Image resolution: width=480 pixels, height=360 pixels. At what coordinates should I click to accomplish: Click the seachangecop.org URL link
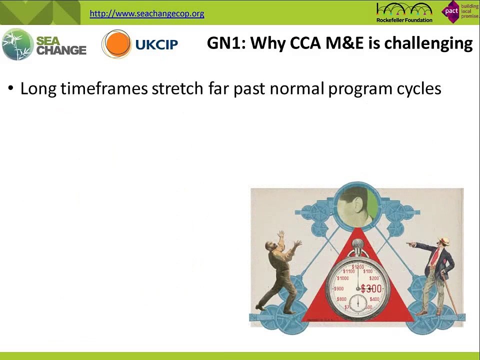tap(146, 13)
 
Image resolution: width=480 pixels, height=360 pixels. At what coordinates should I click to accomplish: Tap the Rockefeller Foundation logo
tap(404, 12)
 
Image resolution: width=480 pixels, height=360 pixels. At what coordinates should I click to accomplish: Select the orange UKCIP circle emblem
tap(116, 44)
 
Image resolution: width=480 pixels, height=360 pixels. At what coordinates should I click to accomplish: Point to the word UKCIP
tap(156, 44)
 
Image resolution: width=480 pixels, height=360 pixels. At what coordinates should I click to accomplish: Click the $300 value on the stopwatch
tap(371, 288)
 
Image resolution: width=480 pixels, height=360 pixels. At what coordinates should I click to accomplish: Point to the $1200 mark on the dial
tap(358, 267)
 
